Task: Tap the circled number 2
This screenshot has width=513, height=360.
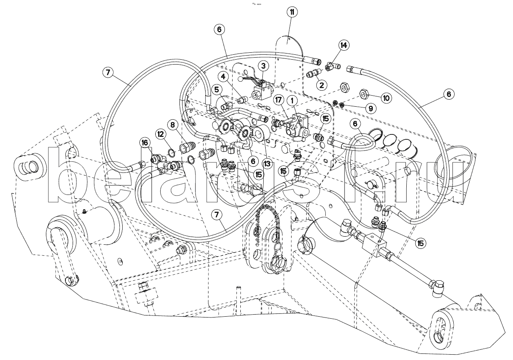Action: coord(322,85)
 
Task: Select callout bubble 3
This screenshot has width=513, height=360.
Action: coord(263,65)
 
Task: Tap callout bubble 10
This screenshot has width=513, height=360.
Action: coord(386,98)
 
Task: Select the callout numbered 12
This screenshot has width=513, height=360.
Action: coord(161,133)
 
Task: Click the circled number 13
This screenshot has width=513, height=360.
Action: coord(267,164)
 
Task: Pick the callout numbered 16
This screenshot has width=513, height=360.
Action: coord(144,143)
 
